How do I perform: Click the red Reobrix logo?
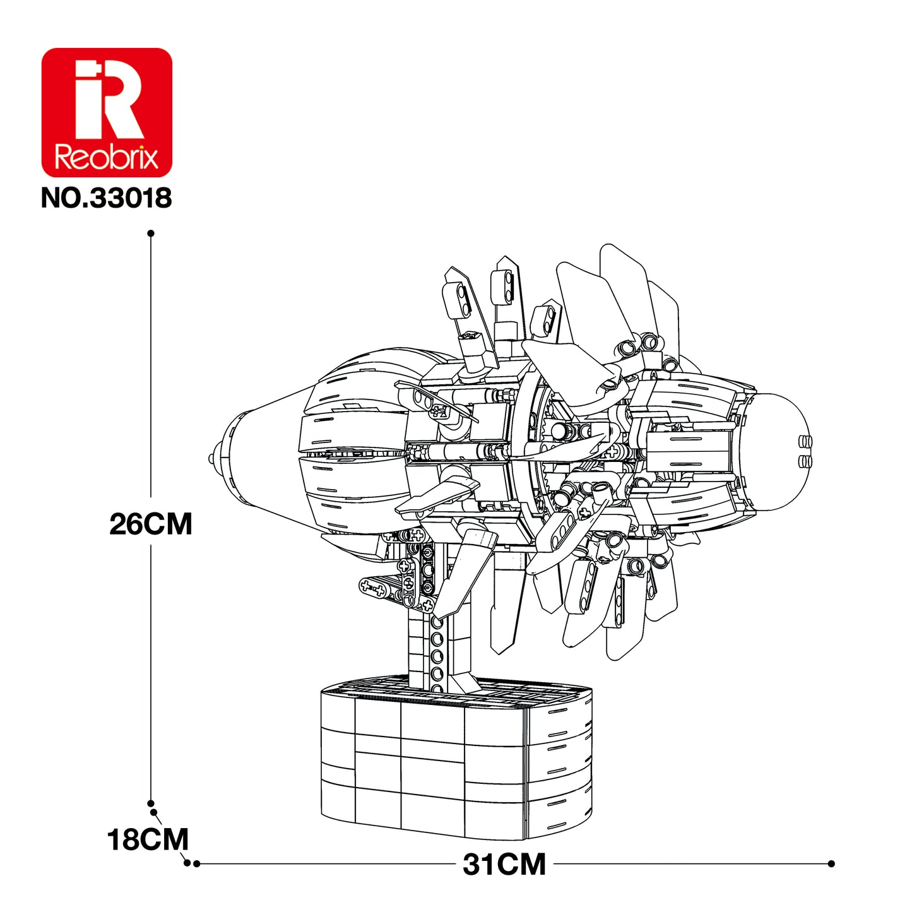(x=107, y=112)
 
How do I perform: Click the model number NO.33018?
(x=106, y=198)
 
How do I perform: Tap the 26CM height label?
(x=150, y=524)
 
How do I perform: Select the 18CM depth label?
(x=148, y=840)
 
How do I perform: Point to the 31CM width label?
(x=504, y=864)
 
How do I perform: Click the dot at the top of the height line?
(x=151, y=234)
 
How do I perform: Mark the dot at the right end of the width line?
(x=831, y=863)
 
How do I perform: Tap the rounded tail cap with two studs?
(x=783, y=451)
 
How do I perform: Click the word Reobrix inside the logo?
(x=107, y=157)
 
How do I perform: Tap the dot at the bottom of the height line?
(x=151, y=803)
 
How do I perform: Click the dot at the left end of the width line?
(x=196, y=863)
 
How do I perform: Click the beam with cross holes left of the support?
(x=379, y=588)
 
